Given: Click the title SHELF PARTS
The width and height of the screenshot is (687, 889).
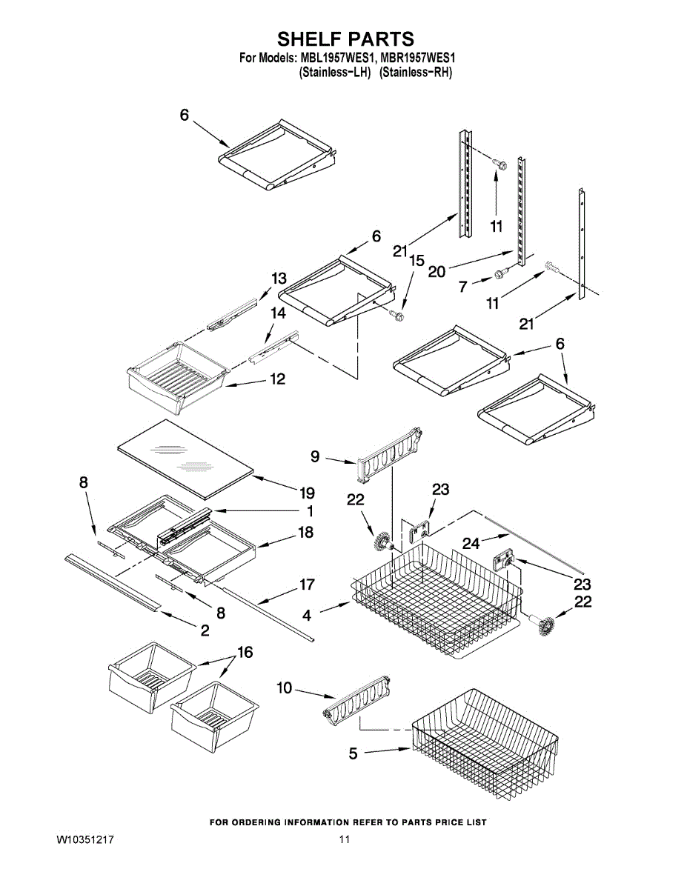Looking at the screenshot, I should (345, 39).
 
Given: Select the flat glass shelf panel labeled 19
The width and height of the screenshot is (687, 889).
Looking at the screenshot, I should (185, 457).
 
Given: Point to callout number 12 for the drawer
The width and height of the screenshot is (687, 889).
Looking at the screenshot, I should (277, 379).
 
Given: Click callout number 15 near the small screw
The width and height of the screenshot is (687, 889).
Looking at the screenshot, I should (417, 261).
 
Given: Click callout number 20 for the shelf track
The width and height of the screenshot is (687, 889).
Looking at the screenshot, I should (437, 271).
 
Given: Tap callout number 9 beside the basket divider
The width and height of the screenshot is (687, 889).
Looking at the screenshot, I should (316, 456).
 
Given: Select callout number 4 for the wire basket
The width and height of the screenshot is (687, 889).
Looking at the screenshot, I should (307, 613).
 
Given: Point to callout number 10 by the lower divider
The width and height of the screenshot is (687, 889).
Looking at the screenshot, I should (285, 688).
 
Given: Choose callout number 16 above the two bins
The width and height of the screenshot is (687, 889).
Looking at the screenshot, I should (244, 653).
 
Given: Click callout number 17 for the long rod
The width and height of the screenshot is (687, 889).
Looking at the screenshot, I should (307, 585).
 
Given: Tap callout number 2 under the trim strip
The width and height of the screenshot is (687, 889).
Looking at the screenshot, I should (204, 630).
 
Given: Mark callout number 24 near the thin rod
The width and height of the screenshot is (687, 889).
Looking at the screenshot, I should (471, 543).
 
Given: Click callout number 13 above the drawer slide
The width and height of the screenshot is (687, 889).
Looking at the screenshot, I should (279, 279).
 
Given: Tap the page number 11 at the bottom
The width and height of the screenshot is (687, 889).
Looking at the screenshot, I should (344, 839).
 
